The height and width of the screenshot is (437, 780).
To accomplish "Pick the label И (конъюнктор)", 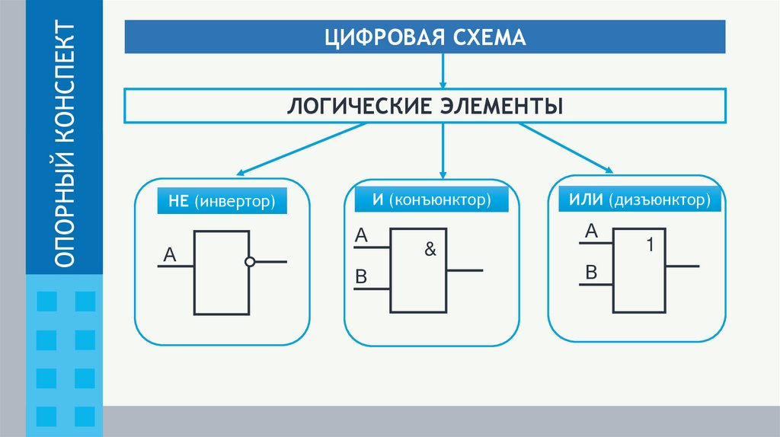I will [x=430, y=201].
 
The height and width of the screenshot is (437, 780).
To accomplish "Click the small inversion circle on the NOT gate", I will [x=250, y=262].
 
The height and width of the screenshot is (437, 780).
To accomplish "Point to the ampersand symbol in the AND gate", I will [x=430, y=249].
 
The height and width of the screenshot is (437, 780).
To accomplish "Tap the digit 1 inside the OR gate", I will [x=650, y=246].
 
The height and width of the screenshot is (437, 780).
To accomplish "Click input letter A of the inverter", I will [x=170, y=256].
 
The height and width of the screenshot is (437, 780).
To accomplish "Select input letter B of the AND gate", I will [x=361, y=278].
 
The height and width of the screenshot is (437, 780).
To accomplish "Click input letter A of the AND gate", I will [x=361, y=238].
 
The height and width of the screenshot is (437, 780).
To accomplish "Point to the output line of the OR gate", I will [x=683, y=266].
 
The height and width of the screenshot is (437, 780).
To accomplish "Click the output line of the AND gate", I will [x=465, y=270].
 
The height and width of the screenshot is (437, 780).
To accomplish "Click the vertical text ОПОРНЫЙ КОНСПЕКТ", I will [x=65, y=145].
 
